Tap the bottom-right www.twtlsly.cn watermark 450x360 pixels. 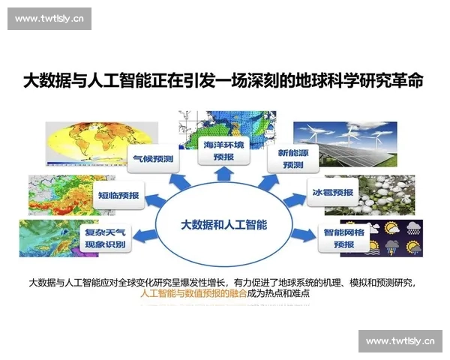click(400, 341)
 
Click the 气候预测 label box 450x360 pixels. click(153, 159)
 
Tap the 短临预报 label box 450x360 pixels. click(118, 195)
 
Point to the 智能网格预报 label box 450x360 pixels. click(343, 238)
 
